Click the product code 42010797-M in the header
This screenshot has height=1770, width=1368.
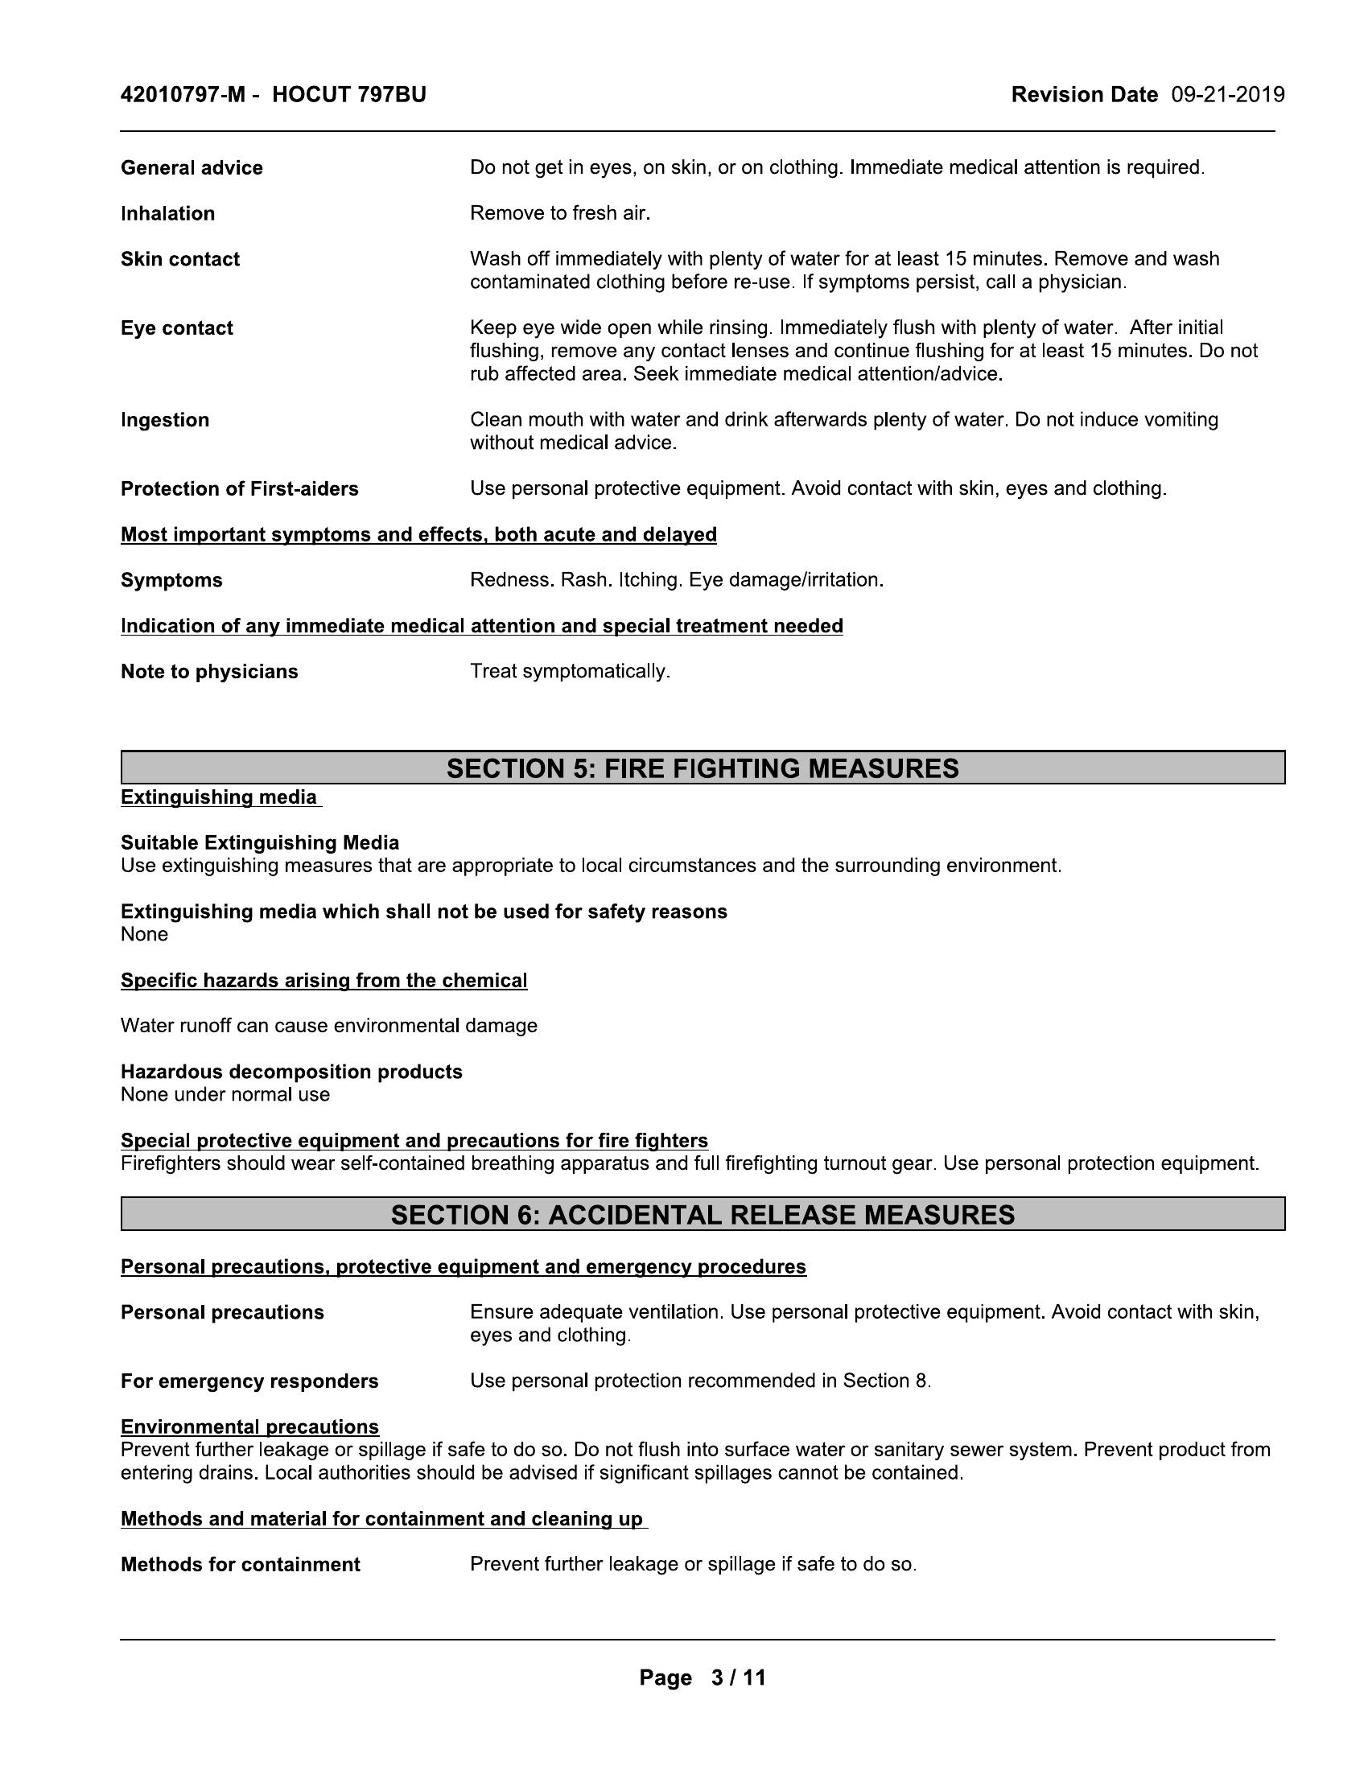[183, 96]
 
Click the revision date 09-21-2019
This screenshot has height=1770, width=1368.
[1228, 96]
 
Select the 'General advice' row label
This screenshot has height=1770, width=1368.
[192, 168]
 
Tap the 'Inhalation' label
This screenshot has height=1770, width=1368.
[167, 214]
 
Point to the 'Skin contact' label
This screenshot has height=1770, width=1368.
[180, 259]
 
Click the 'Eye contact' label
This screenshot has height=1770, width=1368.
[177, 328]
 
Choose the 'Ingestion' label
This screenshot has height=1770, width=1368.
[165, 420]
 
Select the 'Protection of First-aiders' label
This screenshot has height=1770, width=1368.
[240, 488]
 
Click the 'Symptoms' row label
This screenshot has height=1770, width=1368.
[172, 580]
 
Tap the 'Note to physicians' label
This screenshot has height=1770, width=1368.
[209, 672]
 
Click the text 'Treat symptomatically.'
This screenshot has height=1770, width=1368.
[570, 672]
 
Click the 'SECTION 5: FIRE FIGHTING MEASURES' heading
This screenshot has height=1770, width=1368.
[703, 768]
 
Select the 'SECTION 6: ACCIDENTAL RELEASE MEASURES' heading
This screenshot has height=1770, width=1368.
[703, 1215]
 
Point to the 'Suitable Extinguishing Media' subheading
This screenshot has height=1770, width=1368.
[260, 843]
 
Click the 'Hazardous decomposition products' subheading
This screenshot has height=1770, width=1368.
[292, 1072]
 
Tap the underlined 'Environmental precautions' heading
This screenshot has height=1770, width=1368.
[249, 1427]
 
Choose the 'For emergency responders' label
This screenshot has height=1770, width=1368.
[249, 1381]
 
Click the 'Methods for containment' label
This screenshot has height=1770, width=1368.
[241, 1565]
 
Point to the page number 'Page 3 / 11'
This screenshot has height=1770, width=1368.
[703, 1677]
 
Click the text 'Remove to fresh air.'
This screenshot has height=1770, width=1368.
[560, 214]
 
